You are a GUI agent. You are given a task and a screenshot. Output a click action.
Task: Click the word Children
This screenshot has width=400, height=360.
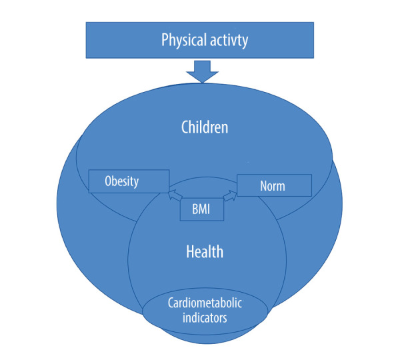click(205, 127)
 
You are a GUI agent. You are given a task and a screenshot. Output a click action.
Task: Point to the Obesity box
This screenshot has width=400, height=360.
click(128, 181)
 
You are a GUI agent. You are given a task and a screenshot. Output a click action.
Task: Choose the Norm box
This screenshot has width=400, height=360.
click(273, 185)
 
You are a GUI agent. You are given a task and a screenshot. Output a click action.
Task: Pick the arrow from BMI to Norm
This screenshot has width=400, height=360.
click(231, 195)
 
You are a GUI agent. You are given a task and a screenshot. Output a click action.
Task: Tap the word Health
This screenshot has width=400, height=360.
click(205, 252)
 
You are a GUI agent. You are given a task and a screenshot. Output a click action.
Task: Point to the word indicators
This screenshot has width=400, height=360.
click(205, 318)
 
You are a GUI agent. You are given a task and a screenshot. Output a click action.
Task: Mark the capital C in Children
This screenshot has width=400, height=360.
click(185, 127)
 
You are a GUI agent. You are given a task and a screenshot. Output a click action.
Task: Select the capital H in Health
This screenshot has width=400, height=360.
click(190, 252)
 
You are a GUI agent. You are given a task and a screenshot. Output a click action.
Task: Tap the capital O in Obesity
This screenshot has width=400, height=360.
click(108, 181)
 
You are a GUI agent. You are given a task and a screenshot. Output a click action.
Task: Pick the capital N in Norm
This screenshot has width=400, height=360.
click(264, 186)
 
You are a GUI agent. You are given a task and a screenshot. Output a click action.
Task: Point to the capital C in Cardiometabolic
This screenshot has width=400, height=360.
click(170, 304)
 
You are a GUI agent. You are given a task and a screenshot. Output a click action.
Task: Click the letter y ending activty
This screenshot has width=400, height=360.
click(245, 41)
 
